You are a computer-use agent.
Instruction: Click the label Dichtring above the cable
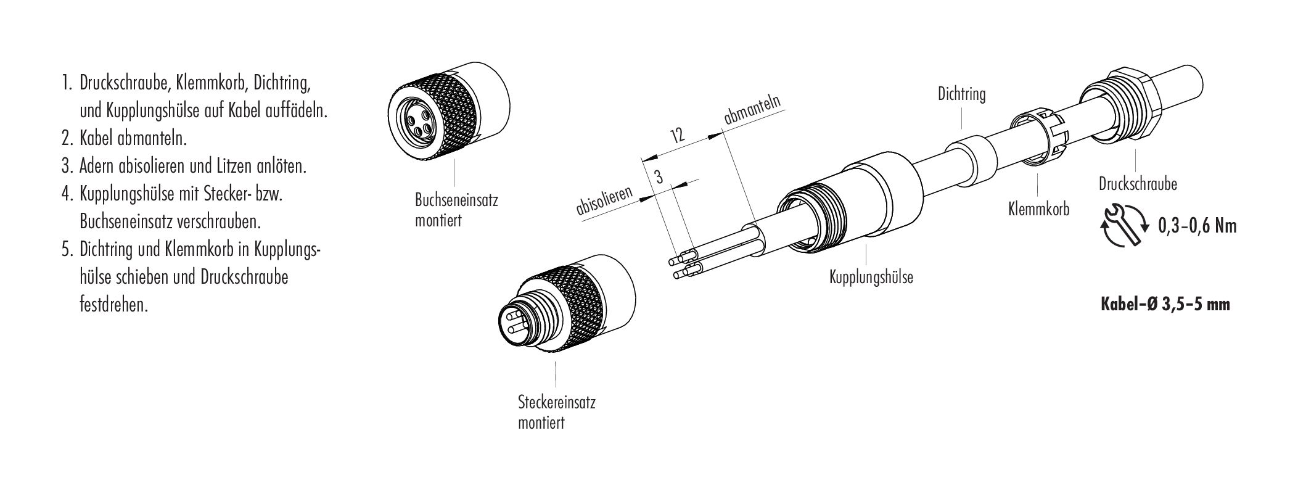pyautogui.click(x=961, y=94)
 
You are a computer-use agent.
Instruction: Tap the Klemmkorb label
pyautogui.click(x=1038, y=208)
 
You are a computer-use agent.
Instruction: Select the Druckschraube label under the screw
pyautogui.click(x=1138, y=184)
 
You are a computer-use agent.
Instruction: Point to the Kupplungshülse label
pyautogui.click(x=871, y=277)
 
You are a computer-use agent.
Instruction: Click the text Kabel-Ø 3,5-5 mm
pyautogui.click(x=1165, y=305)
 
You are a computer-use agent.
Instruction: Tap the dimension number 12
pyautogui.click(x=678, y=134)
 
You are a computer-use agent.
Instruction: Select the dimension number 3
pyautogui.click(x=659, y=178)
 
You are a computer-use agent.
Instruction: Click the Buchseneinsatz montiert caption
pyautogui.click(x=456, y=210)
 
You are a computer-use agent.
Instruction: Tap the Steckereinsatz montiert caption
pyautogui.click(x=556, y=413)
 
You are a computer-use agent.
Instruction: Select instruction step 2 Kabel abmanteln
pyautogui.click(x=124, y=139)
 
